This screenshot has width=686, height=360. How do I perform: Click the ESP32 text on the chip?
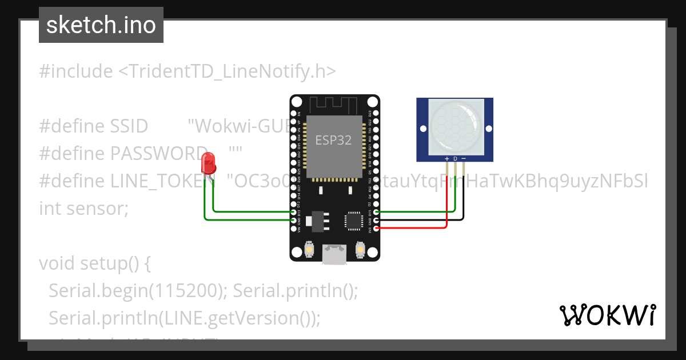click(x=334, y=139)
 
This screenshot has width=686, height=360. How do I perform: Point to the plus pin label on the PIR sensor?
click(x=446, y=158)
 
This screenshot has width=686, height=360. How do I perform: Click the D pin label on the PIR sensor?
click(x=455, y=158)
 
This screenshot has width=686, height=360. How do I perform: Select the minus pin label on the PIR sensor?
click(x=464, y=158)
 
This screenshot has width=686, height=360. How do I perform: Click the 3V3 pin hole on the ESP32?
click(x=376, y=229)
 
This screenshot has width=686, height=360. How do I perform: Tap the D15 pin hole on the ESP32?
click(x=376, y=211)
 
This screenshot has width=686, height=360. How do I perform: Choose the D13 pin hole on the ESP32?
click(x=294, y=211)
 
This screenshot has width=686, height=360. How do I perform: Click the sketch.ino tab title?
click(x=101, y=25)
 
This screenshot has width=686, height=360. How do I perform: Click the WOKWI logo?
click(x=607, y=315)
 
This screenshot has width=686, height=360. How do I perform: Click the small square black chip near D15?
click(x=352, y=220)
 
